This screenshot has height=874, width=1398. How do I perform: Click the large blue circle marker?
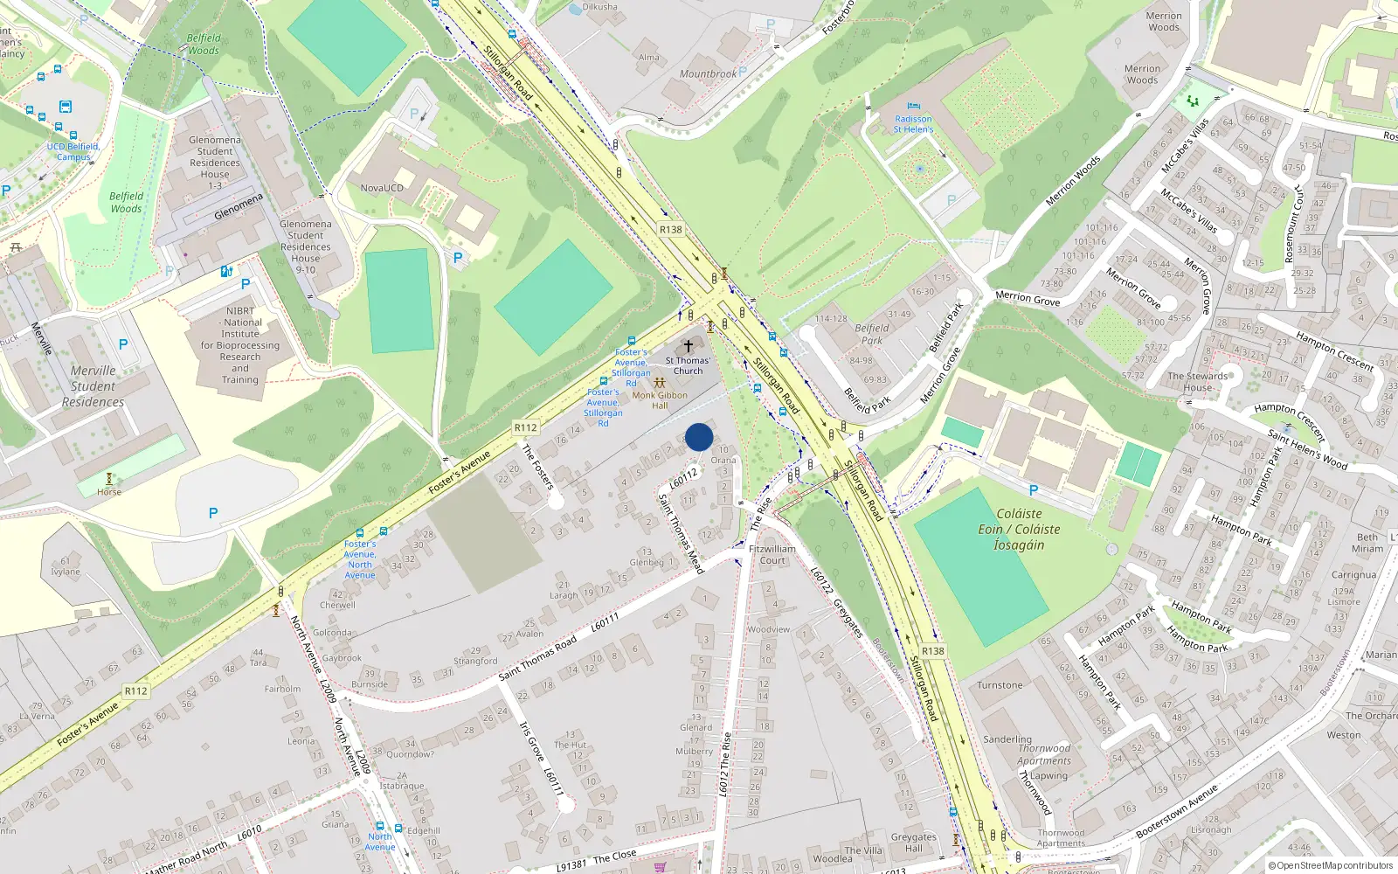699,437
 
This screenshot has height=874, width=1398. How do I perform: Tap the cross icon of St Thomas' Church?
689,346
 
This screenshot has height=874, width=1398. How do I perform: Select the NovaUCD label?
382,188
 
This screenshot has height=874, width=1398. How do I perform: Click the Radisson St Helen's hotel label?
913,124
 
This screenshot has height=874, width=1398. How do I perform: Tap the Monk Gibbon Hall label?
660,400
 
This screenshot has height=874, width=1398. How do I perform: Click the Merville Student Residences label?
93,386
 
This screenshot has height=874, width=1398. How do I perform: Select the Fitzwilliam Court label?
772,555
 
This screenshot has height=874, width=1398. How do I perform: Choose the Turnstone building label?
1000,685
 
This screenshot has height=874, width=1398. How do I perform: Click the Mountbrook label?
708,74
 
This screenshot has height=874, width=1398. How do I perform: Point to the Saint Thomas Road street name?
538,658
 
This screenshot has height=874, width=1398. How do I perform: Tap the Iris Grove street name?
531,741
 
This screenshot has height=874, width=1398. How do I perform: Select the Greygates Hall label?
913,843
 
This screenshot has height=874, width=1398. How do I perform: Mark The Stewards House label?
1197,382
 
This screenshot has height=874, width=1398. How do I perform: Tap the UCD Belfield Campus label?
73,152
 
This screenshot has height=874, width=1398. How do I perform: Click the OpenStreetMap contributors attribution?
1330,865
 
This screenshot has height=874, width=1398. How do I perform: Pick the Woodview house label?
769,629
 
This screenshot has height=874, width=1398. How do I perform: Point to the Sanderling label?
1007,739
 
